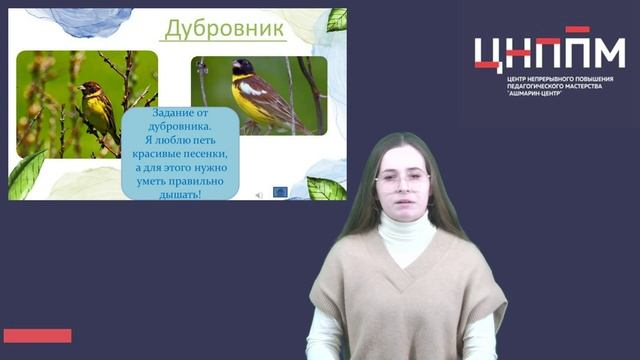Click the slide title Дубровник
coord(224,29)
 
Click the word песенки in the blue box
coord(206,155)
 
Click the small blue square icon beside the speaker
coord(280,192)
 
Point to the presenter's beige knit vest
coord(405,300)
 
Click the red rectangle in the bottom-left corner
coord(37,335)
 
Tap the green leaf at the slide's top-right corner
coord(337,19)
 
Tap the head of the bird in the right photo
coord(243,69)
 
